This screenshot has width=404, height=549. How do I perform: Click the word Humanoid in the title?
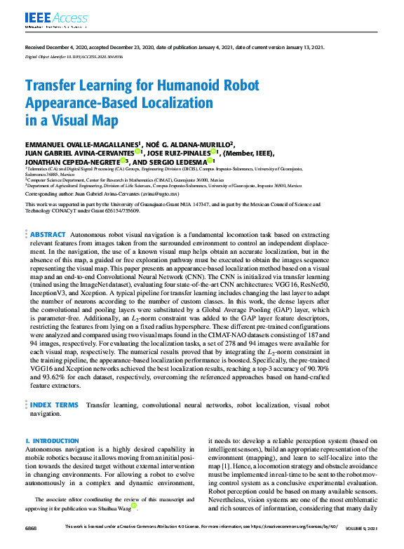click(x=168, y=86)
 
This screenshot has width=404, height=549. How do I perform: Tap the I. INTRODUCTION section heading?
click(x=53, y=440)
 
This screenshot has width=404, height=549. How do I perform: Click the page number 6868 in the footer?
click(x=32, y=527)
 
